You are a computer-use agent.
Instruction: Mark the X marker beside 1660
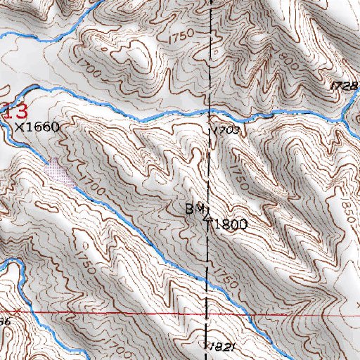pyautogui.click(x=20, y=127)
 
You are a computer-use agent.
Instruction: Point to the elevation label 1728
pyautogui.click(x=344, y=85)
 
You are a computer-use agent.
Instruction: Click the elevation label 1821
pyautogui.click(x=219, y=347)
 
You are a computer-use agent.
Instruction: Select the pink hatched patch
pyautogui.click(x=59, y=172)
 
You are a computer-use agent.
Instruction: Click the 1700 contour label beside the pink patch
pyautogui.click(x=86, y=184)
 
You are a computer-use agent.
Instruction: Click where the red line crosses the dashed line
pyautogui.click(x=206, y=311)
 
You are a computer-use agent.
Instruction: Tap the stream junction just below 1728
pyautogui.click(x=346, y=102)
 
